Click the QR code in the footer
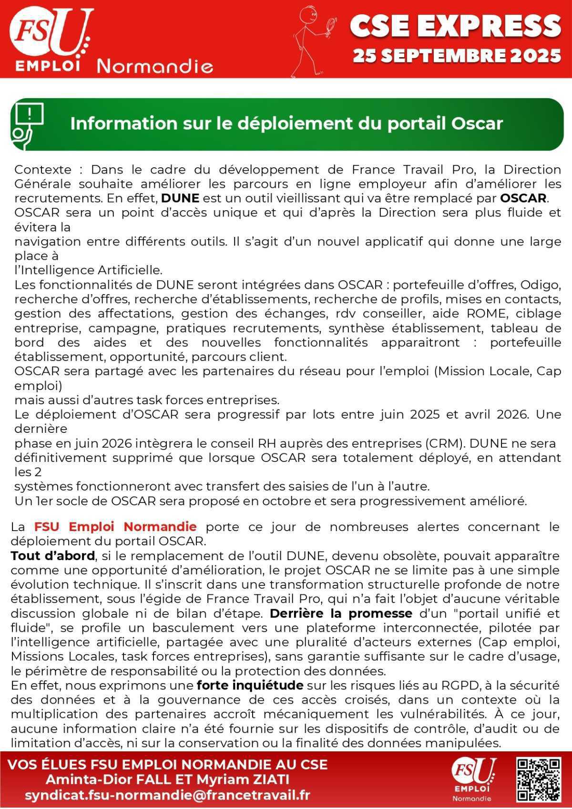[x=538, y=780]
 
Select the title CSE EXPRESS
[x=455, y=26]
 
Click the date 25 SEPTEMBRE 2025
[x=457, y=56]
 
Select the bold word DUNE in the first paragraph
[x=180, y=198]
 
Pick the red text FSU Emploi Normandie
[x=115, y=527]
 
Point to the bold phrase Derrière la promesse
[x=340, y=614]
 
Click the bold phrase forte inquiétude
[x=250, y=686]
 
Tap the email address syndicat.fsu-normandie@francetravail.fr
[x=167, y=795]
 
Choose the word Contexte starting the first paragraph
[x=43, y=170]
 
